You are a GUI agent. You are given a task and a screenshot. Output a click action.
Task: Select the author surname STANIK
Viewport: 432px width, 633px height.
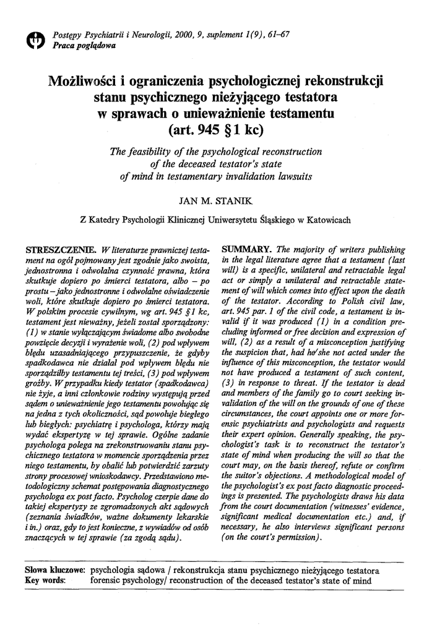coord(232,200)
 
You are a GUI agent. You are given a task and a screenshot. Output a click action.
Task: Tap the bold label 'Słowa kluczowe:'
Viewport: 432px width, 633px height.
coord(54,571)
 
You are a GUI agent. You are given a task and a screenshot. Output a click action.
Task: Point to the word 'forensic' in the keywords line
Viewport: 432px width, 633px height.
coord(108,580)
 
